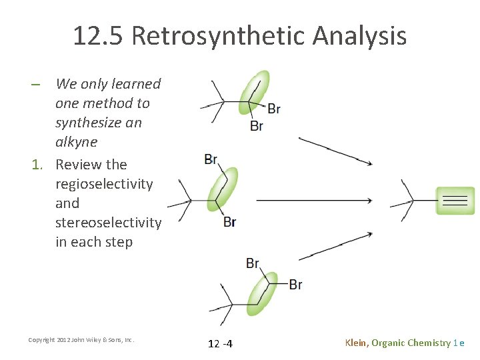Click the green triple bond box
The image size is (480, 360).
pos(455,201)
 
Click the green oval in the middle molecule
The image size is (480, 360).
pos(221,189)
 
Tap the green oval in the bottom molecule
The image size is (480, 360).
pos(262,294)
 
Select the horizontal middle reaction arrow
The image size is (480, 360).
pos(313,200)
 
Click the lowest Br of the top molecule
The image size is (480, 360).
pos(257,125)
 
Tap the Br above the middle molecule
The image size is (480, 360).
pos(211,159)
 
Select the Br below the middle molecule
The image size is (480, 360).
pos(229,222)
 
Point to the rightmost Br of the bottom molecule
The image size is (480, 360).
pos(295,285)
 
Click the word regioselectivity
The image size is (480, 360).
pos(104,183)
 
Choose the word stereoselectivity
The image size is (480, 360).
pos(108,222)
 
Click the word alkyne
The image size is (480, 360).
pos(76,142)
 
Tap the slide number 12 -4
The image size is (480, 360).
pos(220,343)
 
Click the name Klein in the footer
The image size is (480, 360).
pos(356,343)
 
